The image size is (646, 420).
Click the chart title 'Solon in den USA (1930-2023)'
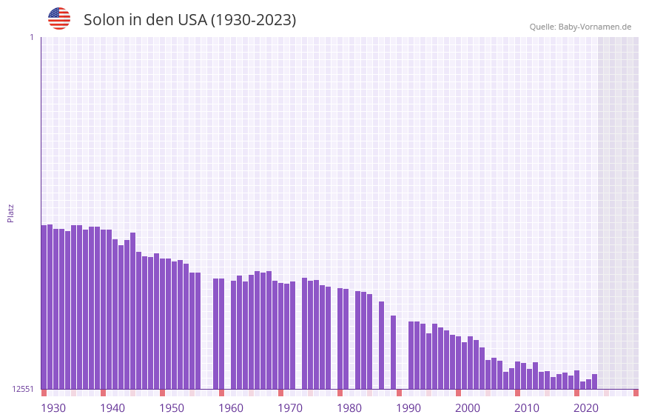(x=189, y=20)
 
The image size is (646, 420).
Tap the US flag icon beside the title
(x=59, y=19)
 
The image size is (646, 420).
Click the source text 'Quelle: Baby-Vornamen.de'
(x=580, y=27)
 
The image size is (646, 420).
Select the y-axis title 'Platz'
(x=10, y=213)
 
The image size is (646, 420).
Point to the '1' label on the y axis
(x=31, y=37)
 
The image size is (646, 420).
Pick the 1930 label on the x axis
(x=53, y=408)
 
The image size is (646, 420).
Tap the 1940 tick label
(x=112, y=408)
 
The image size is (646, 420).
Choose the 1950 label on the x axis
(x=172, y=408)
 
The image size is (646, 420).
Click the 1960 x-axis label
(x=231, y=408)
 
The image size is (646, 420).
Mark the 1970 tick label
(x=290, y=408)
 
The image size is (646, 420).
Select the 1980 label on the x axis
(x=349, y=408)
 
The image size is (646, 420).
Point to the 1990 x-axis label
(x=408, y=408)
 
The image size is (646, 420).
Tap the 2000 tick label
(x=468, y=408)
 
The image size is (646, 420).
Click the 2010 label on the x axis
(x=527, y=408)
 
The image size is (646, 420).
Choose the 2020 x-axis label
(x=586, y=408)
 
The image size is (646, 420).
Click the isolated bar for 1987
(x=381, y=345)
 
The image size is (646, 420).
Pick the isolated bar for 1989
(x=393, y=353)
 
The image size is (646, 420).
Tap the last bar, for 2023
(x=594, y=381)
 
